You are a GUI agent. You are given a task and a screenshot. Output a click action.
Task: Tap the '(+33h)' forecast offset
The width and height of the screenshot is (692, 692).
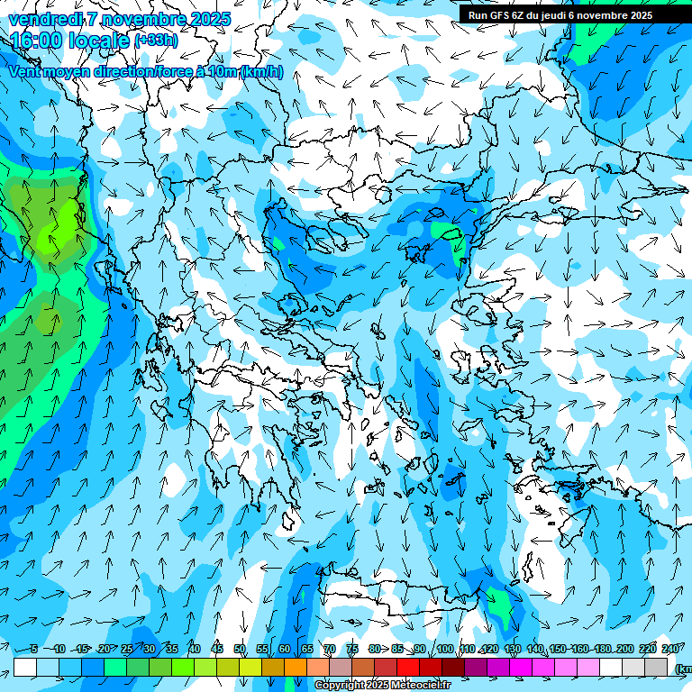coord(156,41)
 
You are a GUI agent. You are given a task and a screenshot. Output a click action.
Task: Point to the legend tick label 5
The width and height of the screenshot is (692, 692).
coord(33,649)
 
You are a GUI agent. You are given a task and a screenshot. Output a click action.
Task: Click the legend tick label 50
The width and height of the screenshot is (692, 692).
coord(240,649)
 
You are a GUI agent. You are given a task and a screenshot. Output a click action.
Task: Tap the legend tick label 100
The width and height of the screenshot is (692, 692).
coord(444,649)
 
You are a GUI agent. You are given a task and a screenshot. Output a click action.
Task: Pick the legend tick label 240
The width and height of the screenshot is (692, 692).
coord(670,649)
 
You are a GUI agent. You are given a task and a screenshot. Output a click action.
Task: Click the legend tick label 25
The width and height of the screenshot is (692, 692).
coord(127,649)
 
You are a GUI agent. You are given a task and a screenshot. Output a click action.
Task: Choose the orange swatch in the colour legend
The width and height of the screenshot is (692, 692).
coord(296,667)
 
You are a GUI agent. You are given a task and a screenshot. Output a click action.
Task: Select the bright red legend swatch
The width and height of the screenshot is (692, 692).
coord(408,667)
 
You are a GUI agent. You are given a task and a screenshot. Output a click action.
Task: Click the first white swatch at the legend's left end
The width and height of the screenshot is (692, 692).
coord(25,667)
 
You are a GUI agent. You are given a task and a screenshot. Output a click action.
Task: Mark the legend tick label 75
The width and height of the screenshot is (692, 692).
coord(352,649)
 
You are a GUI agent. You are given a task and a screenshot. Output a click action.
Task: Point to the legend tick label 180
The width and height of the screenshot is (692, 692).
coord(603,649)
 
